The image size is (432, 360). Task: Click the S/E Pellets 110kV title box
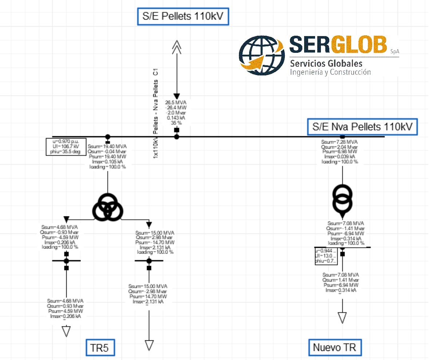[183, 16]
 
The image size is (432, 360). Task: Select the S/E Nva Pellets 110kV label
[362, 127]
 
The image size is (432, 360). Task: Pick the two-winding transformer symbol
[342, 199]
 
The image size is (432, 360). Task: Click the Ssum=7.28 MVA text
[339, 141]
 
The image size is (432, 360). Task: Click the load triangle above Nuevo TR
[342, 317]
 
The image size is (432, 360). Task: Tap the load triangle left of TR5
[66, 331]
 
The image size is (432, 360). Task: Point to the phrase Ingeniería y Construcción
[330, 72]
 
